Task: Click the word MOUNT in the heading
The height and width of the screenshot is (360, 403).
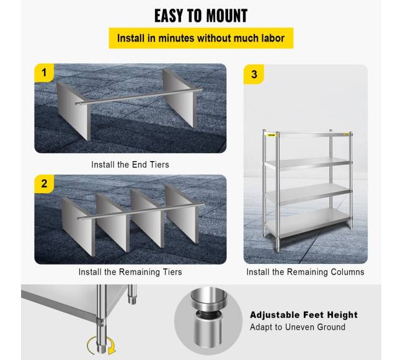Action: tap(227, 15)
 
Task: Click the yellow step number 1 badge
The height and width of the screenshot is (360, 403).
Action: tap(44, 73)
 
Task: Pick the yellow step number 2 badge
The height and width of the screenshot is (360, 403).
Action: tap(44, 184)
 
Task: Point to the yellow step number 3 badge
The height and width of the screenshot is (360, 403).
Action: tap(254, 74)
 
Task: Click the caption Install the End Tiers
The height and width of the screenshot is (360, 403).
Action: tap(130, 165)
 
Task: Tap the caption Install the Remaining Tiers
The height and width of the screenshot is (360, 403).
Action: tap(130, 272)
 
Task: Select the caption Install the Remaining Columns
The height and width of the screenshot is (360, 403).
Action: tap(305, 272)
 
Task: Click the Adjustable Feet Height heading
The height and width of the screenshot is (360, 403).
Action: tap(304, 315)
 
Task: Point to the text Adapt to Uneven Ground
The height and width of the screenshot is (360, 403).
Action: tap(298, 327)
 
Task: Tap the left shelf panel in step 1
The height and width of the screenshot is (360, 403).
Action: tap(73, 111)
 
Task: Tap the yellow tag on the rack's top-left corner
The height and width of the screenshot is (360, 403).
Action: tap(271, 135)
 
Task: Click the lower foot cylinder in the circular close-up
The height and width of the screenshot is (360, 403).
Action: tap(208, 331)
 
